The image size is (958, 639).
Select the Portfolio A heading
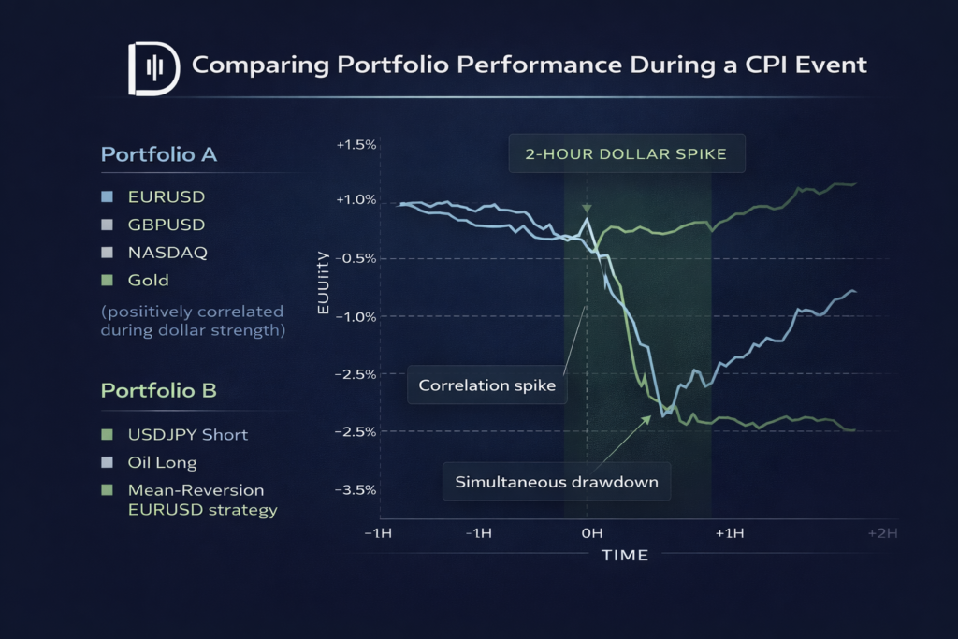(158, 154)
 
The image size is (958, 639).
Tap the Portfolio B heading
(158, 391)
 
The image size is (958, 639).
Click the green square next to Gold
(108, 280)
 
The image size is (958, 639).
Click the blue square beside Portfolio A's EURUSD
(108, 197)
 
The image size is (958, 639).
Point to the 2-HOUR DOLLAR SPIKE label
(626, 154)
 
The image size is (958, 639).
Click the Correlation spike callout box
(487, 385)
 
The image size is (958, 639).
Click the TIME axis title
(625, 556)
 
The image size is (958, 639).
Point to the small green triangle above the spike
(587, 209)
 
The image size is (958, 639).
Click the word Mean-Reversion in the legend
(195, 489)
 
